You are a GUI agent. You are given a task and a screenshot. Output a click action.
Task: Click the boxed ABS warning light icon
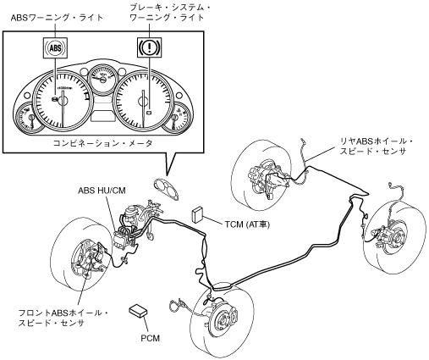click(x=55, y=47)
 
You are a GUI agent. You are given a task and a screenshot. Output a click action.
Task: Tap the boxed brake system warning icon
click(x=149, y=47)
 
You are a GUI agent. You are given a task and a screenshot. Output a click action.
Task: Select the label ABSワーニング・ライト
click(x=58, y=18)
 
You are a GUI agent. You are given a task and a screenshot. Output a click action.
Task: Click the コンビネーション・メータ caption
click(x=103, y=143)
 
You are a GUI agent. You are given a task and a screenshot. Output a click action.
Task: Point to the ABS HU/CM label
click(x=102, y=191)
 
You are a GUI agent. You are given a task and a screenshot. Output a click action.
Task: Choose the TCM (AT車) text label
click(x=247, y=224)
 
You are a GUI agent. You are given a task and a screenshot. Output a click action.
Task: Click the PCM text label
click(x=150, y=338)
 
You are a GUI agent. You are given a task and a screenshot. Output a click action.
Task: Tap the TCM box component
click(x=197, y=215)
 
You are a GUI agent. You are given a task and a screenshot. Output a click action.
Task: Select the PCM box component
click(x=138, y=311)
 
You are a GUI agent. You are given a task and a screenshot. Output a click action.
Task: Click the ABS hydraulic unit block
click(x=124, y=238)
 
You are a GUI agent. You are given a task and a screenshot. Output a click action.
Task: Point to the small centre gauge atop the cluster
click(x=102, y=79)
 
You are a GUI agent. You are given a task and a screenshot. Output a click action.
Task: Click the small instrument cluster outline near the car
click(x=167, y=190)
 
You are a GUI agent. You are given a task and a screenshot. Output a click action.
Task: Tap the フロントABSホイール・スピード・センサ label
click(x=63, y=318)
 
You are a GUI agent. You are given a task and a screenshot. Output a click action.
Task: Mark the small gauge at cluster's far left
click(x=28, y=117)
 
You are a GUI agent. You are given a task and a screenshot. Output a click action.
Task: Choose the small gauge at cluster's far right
click(x=179, y=116)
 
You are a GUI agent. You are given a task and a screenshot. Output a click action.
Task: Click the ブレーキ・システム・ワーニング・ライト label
click(x=170, y=13)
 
